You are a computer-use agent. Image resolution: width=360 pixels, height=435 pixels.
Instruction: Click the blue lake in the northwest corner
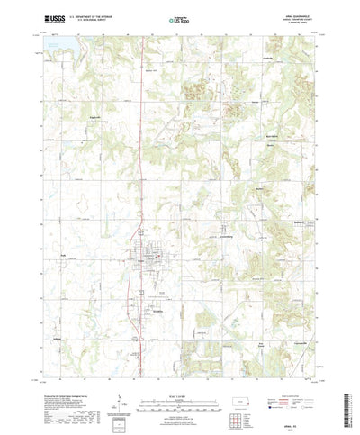pos(43,55)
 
